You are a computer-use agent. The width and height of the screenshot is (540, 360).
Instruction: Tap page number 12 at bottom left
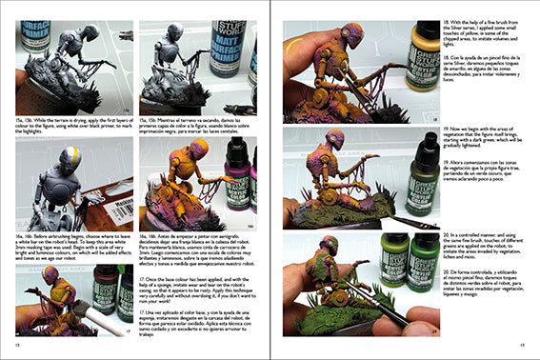18,346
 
